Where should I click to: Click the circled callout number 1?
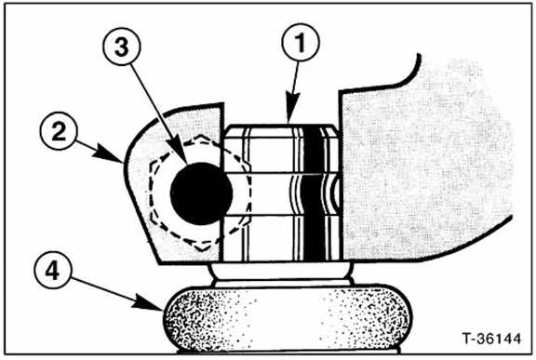pyautogui.click(x=301, y=43)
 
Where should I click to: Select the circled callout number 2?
pyautogui.click(x=59, y=131)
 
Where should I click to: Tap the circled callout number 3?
pyautogui.click(x=121, y=47)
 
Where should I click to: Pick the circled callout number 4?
pyautogui.click(x=53, y=272)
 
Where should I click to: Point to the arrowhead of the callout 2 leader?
pyautogui.click(x=110, y=153)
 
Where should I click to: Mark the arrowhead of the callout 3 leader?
pyautogui.click(x=180, y=152)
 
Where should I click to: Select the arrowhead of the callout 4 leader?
pyautogui.click(x=150, y=303)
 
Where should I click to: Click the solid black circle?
pyautogui.click(x=202, y=193)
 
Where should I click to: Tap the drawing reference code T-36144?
pyautogui.click(x=491, y=339)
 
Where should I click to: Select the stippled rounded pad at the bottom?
pyautogui.click(x=288, y=317)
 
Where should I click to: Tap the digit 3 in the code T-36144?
pyautogui.click(x=482, y=339)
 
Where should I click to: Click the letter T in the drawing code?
pyautogui.click(x=466, y=339)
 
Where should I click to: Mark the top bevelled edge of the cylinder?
pyautogui.click(x=281, y=131)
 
